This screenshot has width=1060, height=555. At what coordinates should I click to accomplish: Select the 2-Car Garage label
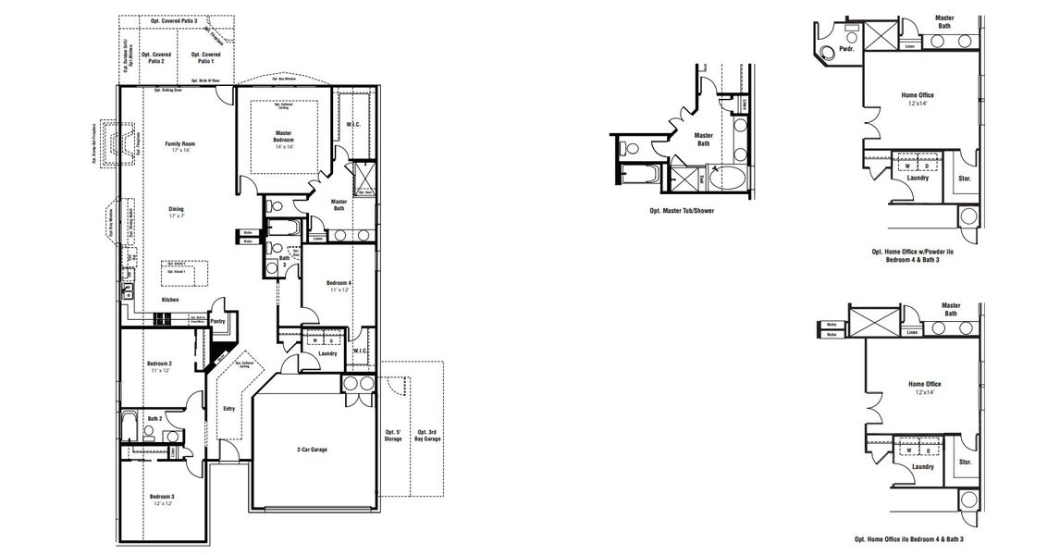(x=312, y=450)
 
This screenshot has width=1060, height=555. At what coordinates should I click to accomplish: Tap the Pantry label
(x=218, y=322)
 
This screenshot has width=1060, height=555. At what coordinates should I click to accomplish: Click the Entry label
(x=229, y=408)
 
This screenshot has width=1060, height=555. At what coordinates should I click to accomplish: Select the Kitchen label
(x=171, y=301)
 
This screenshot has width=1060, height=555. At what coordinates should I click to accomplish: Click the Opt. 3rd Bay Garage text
(x=427, y=435)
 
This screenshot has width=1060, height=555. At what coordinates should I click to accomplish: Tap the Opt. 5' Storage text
(x=394, y=435)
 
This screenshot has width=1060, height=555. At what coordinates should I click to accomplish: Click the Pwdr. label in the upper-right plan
(x=845, y=48)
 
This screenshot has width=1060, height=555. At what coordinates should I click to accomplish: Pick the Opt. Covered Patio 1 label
(x=206, y=57)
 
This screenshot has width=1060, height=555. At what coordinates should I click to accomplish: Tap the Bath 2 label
(x=154, y=419)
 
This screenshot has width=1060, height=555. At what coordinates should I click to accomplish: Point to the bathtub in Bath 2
(x=129, y=428)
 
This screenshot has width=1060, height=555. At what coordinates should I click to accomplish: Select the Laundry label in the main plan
(x=327, y=353)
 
